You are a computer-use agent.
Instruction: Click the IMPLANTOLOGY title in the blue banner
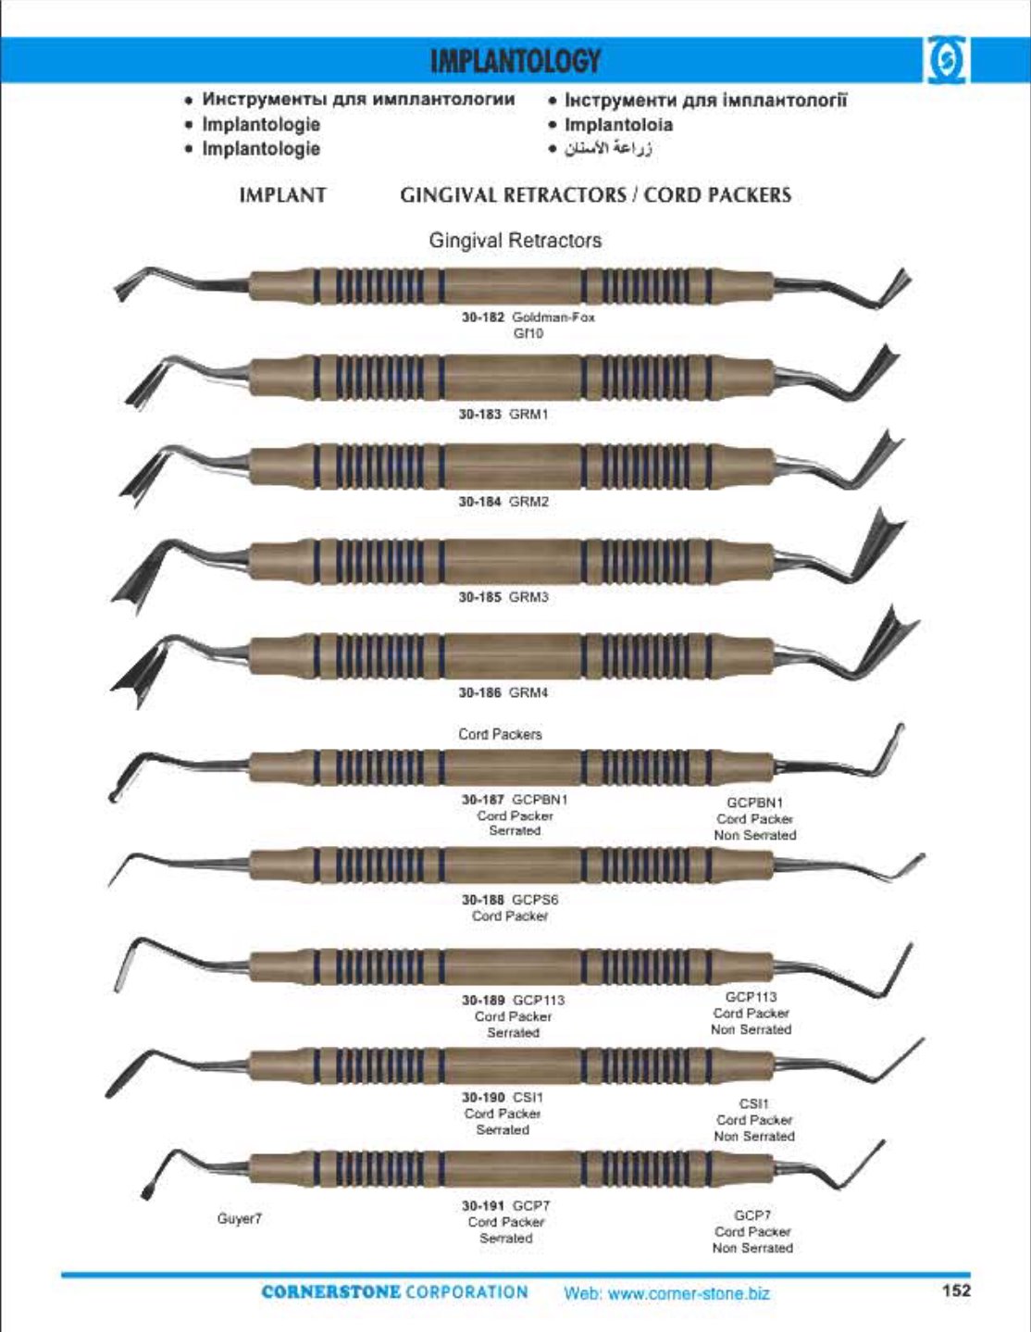[515, 61]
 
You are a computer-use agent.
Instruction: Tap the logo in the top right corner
[947, 60]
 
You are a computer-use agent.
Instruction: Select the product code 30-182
[483, 317]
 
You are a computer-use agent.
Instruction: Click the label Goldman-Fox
[553, 317]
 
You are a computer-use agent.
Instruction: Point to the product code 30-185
[480, 597]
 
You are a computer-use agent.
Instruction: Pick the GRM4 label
[528, 692]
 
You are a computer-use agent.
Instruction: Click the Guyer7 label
[240, 1218]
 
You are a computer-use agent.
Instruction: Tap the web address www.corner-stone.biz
[689, 1294]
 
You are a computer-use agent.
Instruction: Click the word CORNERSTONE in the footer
[330, 1292]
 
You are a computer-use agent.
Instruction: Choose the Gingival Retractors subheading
[515, 241]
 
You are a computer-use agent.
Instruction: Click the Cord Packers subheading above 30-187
[500, 734]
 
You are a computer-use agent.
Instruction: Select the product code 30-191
[483, 1205]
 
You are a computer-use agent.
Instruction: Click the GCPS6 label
[535, 900]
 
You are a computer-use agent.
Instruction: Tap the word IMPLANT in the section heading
[282, 195]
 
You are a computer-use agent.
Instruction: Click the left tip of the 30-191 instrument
[146, 1194]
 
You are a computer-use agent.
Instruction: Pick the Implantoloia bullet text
[619, 125]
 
